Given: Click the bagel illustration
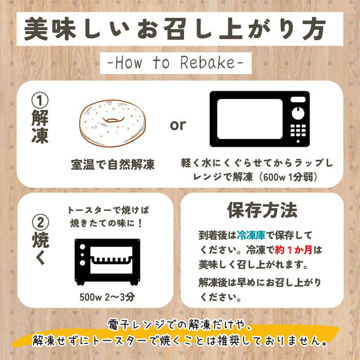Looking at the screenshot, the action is tap(112, 123).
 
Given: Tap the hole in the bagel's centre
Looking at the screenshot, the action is tap(113, 120).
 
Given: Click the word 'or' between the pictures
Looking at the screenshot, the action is tap(178, 125).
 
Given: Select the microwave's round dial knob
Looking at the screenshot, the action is tap(298, 113).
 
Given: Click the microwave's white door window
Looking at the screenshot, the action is tap(250, 119).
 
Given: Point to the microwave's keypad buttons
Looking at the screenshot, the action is tap(298, 130).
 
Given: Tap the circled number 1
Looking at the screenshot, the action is tap(40, 100).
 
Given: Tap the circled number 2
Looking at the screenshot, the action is tap(40, 222).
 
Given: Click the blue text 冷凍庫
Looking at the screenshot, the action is tap(251, 235).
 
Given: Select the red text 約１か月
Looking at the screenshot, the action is tap(293, 250).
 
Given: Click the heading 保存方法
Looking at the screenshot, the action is tap(262, 210).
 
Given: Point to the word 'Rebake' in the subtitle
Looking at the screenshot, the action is tap(207, 63).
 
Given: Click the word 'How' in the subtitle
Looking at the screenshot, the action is tap(128, 63).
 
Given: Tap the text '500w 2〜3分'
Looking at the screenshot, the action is tap(107, 297).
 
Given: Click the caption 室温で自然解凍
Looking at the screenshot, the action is tap(113, 164).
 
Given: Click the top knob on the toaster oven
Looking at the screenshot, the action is tap(82, 247).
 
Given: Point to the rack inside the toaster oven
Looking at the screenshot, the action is tap(111, 260).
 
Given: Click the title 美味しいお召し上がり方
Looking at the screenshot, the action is tap(175, 29).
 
